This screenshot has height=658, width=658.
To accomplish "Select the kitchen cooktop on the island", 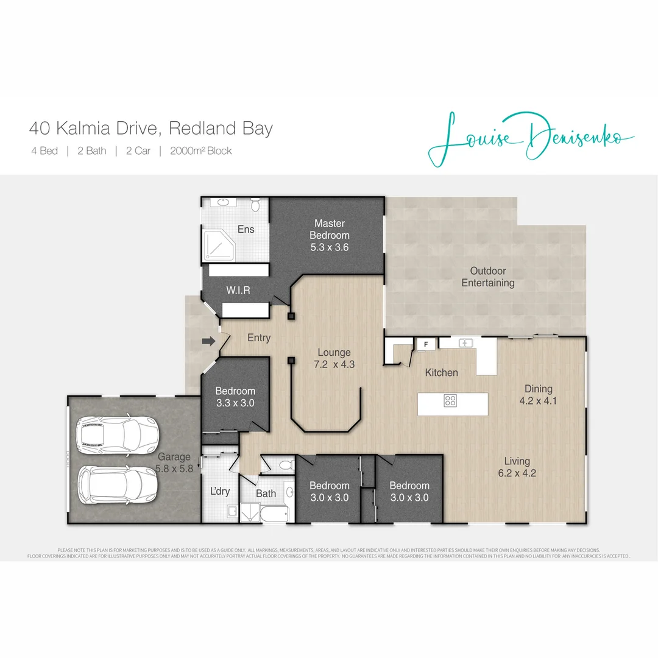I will click(451, 401).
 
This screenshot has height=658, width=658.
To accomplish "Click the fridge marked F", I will click(426, 344).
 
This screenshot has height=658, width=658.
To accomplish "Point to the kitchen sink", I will click(466, 343).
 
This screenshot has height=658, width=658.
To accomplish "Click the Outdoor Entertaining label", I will click(487, 277).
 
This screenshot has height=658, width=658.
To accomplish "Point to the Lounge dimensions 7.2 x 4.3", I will click(333, 365).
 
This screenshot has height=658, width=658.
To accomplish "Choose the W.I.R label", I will click(238, 291).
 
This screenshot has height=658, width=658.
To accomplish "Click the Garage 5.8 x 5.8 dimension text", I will click(174, 469).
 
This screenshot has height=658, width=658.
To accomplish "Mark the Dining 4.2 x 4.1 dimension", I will click(539, 401).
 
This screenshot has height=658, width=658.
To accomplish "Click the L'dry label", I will click(219, 490).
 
